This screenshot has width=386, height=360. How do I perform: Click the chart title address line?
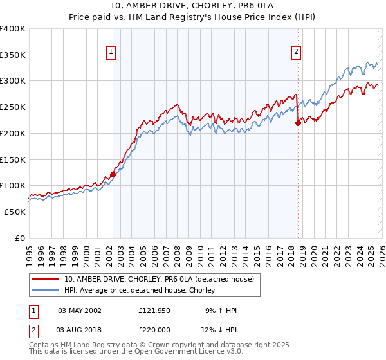(192, 7)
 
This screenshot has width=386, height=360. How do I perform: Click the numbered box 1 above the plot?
(111, 53)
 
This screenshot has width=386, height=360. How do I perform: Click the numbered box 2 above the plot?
(297, 53)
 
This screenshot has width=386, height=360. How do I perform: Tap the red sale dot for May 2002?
(113, 174)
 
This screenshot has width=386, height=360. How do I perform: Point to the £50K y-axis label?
(15, 212)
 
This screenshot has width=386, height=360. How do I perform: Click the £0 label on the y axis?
(20, 238)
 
